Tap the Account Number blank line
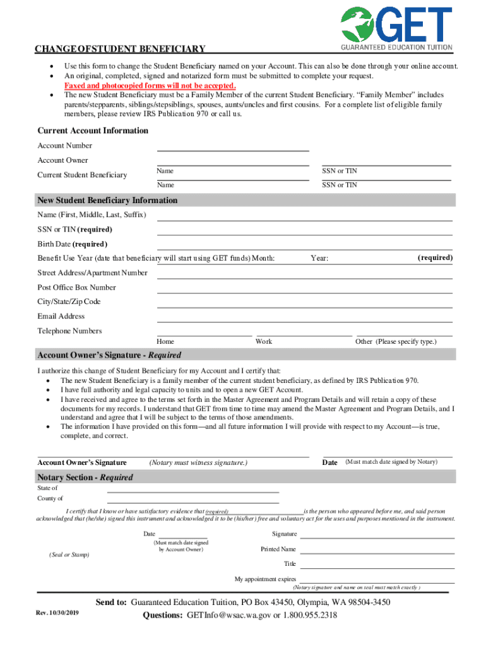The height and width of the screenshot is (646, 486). coord(232,149)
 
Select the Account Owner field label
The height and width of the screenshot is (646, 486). coord(62,160)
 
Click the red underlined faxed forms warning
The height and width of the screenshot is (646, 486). coord(150,86)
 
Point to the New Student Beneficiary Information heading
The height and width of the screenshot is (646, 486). coord(107,200)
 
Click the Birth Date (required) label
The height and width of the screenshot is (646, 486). coord(72,244)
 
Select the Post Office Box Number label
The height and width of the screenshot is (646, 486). coord(76,288)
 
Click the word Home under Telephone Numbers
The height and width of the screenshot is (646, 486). coord(165,341)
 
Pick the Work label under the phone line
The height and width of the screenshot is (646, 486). coord(264,341)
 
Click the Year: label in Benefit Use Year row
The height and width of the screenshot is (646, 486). coord(319,259)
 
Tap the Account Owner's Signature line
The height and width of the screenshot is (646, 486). coord(173,455)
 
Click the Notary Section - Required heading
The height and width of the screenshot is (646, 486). coord(85,478)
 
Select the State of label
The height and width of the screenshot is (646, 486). coord(47,488)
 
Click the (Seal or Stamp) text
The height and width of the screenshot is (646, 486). coord(69,555)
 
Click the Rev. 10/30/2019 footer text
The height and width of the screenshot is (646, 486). coord(57,614)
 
